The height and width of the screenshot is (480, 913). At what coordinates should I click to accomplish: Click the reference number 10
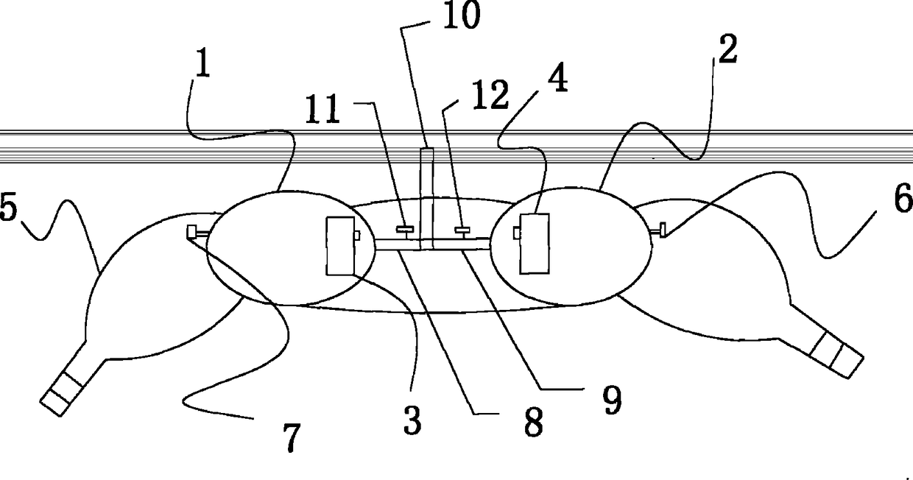click(x=459, y=15)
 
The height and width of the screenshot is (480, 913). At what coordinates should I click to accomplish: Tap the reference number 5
click(x=8, y=208)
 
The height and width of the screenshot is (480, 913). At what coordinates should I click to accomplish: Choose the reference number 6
click(x=901, y=201)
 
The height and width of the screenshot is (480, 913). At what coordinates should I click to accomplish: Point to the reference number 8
click(x=532, y=422)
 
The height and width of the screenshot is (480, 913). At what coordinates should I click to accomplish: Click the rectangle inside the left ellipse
click(x=340, y=246)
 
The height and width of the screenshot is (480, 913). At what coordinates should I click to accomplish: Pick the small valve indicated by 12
click(x=462, y=230)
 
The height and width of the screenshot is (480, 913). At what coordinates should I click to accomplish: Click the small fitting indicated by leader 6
click(x=660, y=230)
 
